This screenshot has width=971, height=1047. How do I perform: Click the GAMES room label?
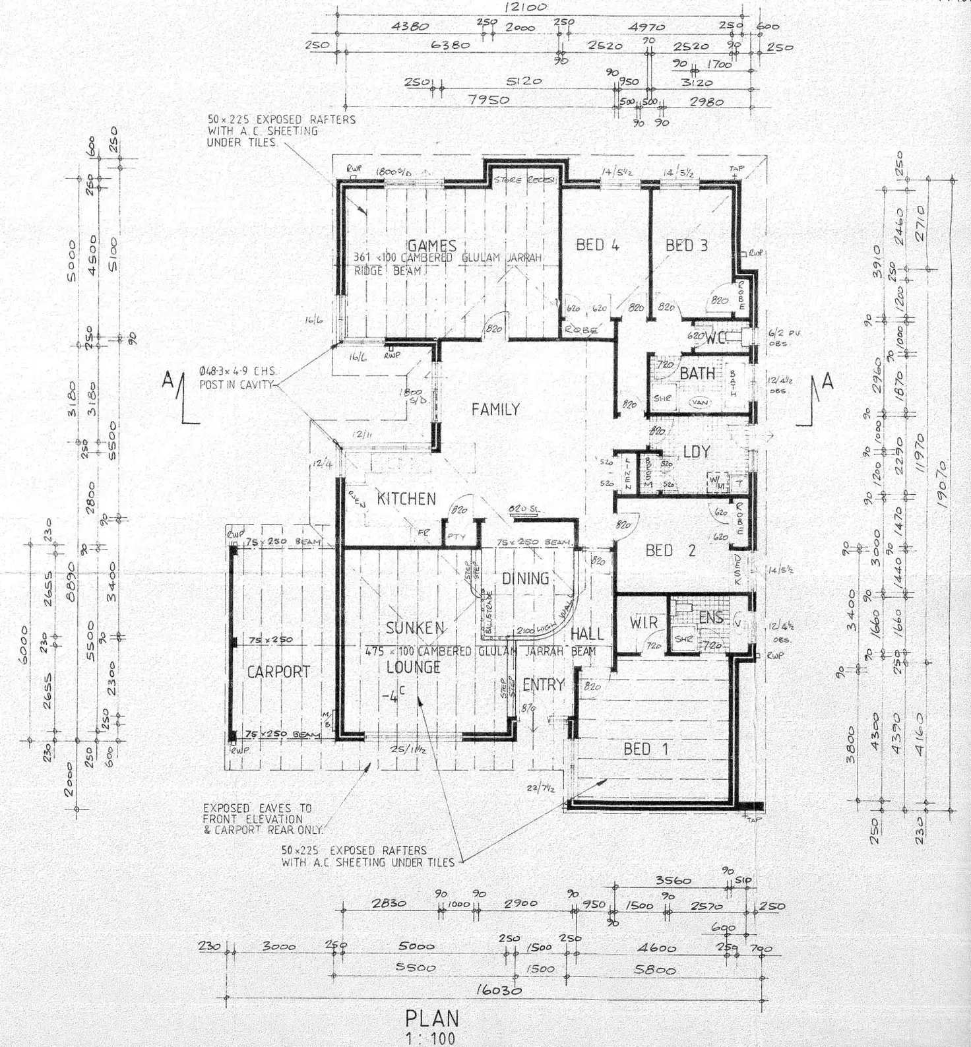pyautogui.click(x=432, y=246)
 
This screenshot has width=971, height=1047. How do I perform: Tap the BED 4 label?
pyautogui.click(x=597, y=245)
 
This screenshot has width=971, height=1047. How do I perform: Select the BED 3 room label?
pyautogui.click(x=686, y=245)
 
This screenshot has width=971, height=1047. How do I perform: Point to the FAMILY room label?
pyautogui.click(x=495, y=410)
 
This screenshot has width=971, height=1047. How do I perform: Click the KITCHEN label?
pyautogui.click(x=406, y=499)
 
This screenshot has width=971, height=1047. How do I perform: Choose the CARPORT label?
pyautogui.click(x=278, y=672)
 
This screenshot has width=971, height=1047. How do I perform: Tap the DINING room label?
pyautogui.click(x=526, y=579)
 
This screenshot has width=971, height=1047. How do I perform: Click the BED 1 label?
pyautogui.click(x=646, y=749)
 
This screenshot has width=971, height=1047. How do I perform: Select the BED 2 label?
pyautogui.click(x=670, y=550)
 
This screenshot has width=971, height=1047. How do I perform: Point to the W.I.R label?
pyautogui.click(x=643, y=622)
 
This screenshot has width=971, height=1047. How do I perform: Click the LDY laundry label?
pyautogui.click(x=697, y=452)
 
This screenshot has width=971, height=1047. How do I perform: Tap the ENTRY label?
pyautogui.click(x=544, y=685)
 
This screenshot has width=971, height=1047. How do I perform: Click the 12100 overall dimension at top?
pyautogui.click(x=525, y=8)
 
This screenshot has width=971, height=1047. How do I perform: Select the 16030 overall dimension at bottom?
pyautogui.click(x=498, y=990)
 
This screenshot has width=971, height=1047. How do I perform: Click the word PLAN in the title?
pyautogui.click(x=432, y=1018)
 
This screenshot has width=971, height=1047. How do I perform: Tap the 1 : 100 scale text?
pyautogui.click(x=431, y=1038)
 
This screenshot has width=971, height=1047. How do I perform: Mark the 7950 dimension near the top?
pyautogui.click(x=489, y=100)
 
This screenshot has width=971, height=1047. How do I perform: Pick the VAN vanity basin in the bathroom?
pyautogui.click(x=699, y=402)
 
